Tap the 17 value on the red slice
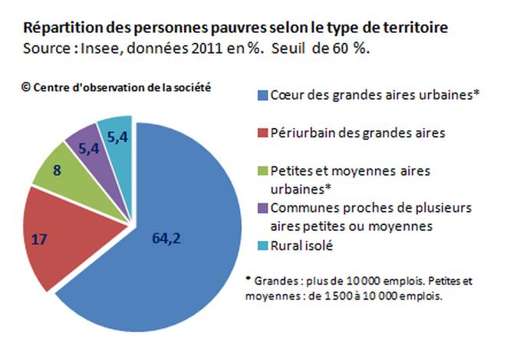pyautogui.click(x=38, y=239)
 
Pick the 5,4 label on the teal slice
pyautogui.click(x=117, y=137)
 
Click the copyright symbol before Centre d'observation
pyautogui.click(x=27, y=87)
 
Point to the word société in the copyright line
pyautogui.click(x=193, y=87)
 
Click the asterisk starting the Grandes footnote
pyautogui.click(x=248, y=280)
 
